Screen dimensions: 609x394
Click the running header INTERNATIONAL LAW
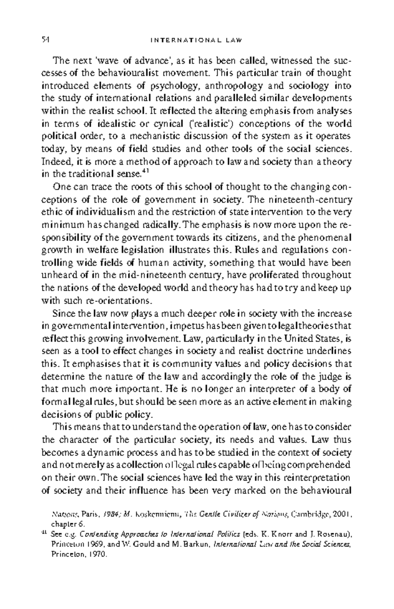pyautogui.click(x=196, y=40)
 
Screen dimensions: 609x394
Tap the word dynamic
pyautogui.click(x=106, y=453)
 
